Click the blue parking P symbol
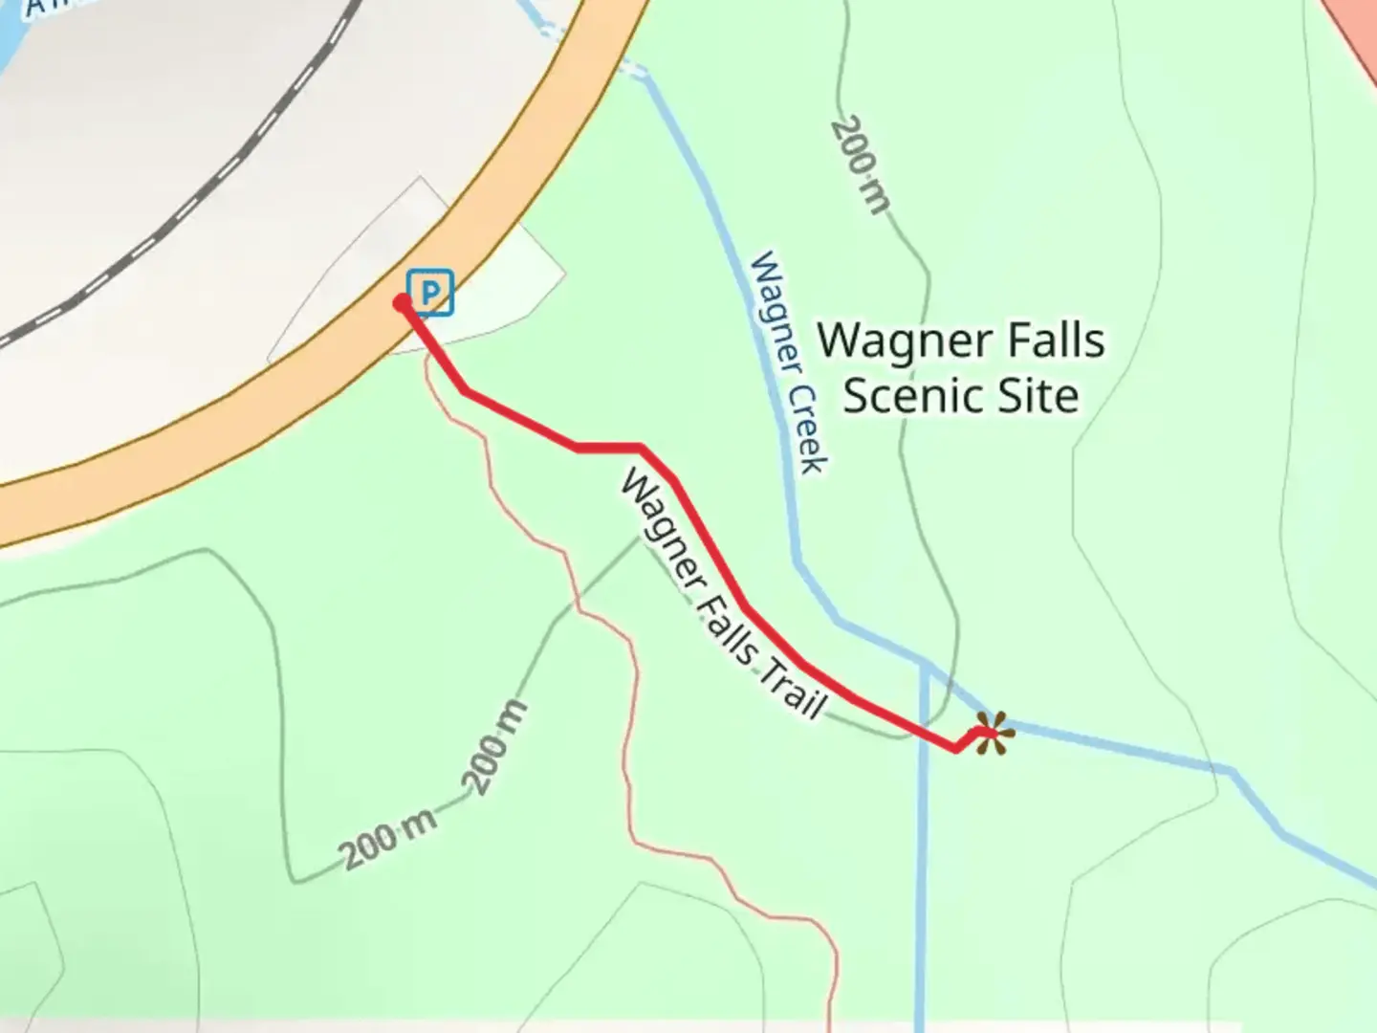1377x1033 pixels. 430,292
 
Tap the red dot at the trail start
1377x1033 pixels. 403,303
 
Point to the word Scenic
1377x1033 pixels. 903,396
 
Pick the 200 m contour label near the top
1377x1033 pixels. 861,165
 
